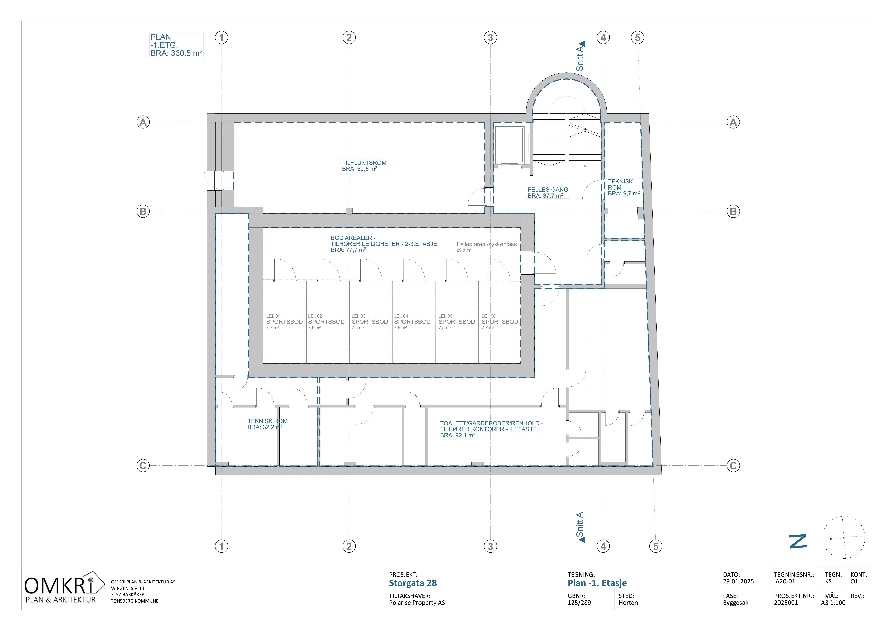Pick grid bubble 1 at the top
[x=222, y=38]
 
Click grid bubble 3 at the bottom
[x=490, y=546]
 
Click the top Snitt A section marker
[x=580, y=56]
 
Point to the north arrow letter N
[x=798, y=541]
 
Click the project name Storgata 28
[x=413, y=583]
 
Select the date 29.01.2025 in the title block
[x=738, y=582]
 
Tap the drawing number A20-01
[x=785, y=582]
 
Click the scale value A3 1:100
[x=833, y=603]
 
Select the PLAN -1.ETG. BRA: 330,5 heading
[x=176, y=45]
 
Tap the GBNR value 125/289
[x=579, y=603]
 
